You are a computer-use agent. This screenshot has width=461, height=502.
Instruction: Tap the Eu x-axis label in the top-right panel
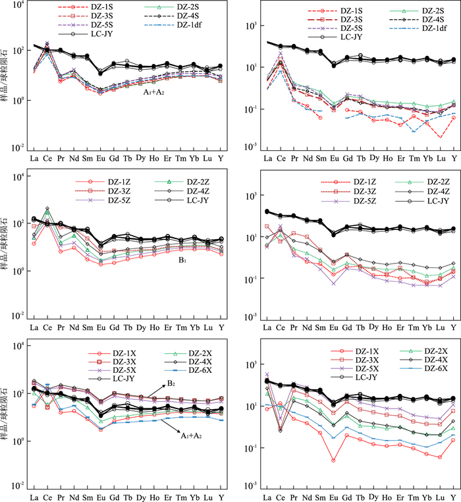pyautogui.click(x=334, y=158)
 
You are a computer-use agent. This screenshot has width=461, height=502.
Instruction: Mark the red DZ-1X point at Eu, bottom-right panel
pyautogui.click(x=334, y=460)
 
